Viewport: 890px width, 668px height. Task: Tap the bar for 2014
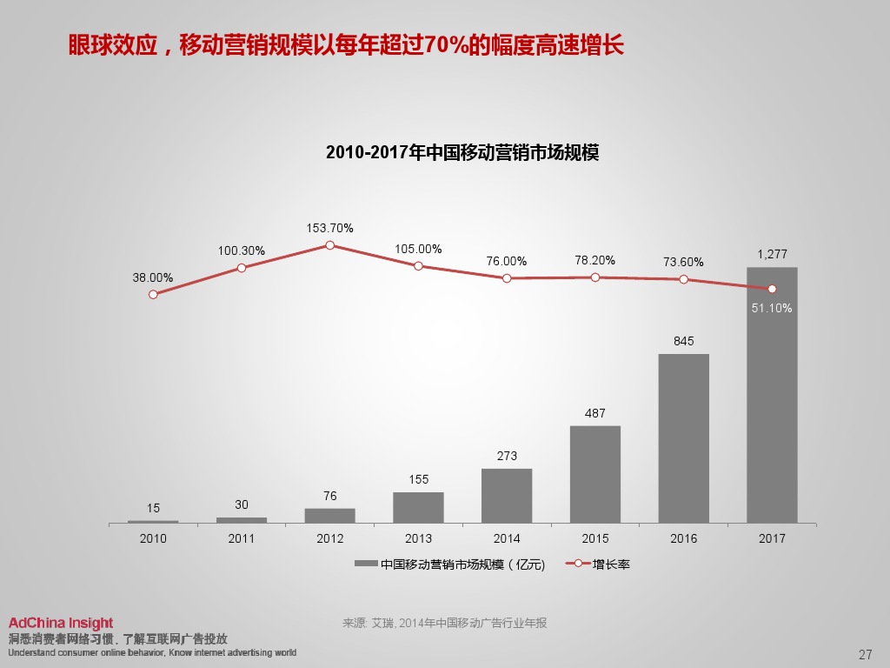pyautogui.click(x=507, y=496)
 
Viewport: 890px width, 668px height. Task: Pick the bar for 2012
pyautogui.click(x=330, y=515)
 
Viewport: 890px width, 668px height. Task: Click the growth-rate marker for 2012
pyautogui.click(x=330, y=245)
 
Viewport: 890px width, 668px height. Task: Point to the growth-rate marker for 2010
pyautogui.click(x=153, y=294)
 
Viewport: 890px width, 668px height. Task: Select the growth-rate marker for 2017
pyautogui.click(x=772, y=289)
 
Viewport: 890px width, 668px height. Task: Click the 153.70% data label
pyautogui.click(x=330, y=228)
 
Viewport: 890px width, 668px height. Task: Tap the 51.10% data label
pyautogui.click(x=772, y=308)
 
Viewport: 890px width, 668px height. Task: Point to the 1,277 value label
pyautogui.click(x=772, y=254)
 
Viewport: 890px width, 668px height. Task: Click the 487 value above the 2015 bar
pyautogui.click(x=595, y=413)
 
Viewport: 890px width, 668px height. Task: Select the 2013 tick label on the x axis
pyautogui.click(x=418, y=538)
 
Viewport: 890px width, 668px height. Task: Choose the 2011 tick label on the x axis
pyautogui.click(x=242, y=538)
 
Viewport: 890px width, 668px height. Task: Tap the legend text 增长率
pyautogui.click(x=611, y=564)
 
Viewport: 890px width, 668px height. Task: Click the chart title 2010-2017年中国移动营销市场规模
pyautogui.click(x=462, y=152)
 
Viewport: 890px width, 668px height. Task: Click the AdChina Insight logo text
pyautogui.click(x=61, y=623)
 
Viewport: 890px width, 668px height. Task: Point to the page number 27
pyautogui.click(x=865, y=654)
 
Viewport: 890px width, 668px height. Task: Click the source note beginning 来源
pyautogui.click(x=445, y=623)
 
